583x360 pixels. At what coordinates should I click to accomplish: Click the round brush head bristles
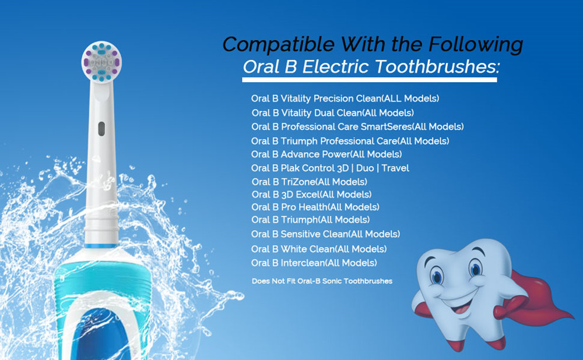click(101, 61)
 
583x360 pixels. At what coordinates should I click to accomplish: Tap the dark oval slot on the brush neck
click(101, 129)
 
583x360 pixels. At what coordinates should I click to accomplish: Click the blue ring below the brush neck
click(101, 246)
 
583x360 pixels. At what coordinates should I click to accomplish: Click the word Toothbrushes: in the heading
click(437, 67)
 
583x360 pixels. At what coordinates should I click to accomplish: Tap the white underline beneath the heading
click(370, 79)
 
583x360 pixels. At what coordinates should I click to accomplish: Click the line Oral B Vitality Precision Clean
click(345, 99)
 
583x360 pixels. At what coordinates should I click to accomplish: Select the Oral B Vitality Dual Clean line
click(333, 113)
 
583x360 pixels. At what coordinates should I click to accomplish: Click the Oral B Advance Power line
click(326, 154)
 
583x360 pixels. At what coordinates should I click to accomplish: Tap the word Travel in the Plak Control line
click(395, 168)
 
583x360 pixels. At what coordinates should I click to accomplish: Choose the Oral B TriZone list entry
click(310, 182)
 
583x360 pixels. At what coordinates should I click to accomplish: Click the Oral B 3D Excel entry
click(311, 195)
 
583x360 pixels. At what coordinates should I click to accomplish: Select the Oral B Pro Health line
click(315, 207)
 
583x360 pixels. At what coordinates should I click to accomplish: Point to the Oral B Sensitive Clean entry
click(326, 234)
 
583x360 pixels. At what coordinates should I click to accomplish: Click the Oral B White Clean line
click(319, 249)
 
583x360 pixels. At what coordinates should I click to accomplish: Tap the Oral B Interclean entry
click(314, 263)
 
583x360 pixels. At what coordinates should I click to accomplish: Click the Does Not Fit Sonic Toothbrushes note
click(322, 281)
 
